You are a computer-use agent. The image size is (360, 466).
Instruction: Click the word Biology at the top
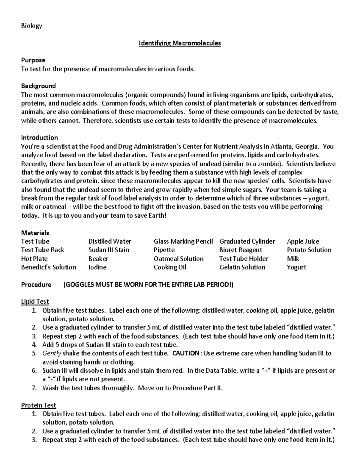[x=31, y=26]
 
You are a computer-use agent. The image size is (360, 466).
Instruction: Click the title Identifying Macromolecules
[x=180, y=43]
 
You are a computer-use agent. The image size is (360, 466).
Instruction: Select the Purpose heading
[x=33, y=60]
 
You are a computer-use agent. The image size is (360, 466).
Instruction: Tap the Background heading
[x=38, y=86]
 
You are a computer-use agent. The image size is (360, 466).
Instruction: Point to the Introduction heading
[x=39, y=138]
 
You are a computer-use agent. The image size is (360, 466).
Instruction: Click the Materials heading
[x=35, y=233]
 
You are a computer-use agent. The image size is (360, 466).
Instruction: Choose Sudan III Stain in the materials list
[x=109, y=250]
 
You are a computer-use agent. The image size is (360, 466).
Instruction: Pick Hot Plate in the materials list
[x=34, y=259]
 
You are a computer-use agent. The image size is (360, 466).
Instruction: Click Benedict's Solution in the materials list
[x=49, y=267]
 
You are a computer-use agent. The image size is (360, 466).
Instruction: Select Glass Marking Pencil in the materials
[x=183, y=241]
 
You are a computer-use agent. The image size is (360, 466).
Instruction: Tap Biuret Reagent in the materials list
[x=241, y=250]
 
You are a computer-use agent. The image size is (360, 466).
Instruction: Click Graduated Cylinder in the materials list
[x=247, y=241]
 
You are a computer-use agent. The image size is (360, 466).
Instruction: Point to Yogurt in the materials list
[x=296, y=267]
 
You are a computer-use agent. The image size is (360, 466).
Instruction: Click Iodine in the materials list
[x=97, y=267]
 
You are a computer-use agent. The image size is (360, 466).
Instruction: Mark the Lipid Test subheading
[x=35, y=302]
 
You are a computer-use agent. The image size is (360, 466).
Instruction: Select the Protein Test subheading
[x=38, y=405]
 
